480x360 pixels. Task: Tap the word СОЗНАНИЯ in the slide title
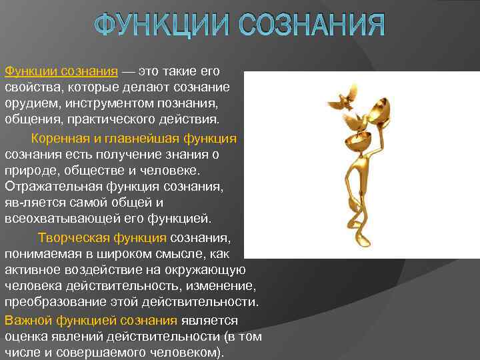pos(313,25)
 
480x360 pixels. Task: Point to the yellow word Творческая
pos(69,237)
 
